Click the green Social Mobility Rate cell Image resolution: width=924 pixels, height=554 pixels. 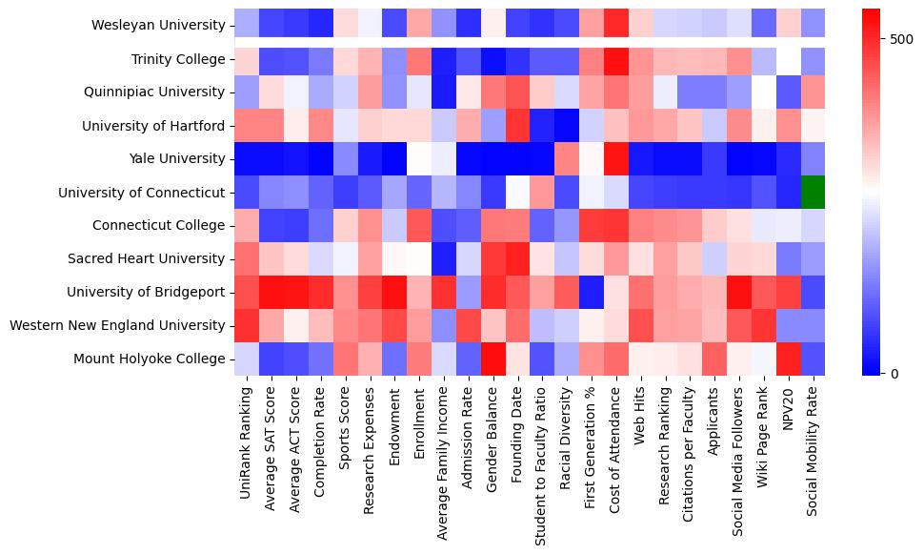[814, 192]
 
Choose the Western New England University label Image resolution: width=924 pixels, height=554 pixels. [119, 325]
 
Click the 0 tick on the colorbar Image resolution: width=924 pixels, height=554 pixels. [891, 373]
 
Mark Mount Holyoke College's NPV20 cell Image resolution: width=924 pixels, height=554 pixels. [789, 359]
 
